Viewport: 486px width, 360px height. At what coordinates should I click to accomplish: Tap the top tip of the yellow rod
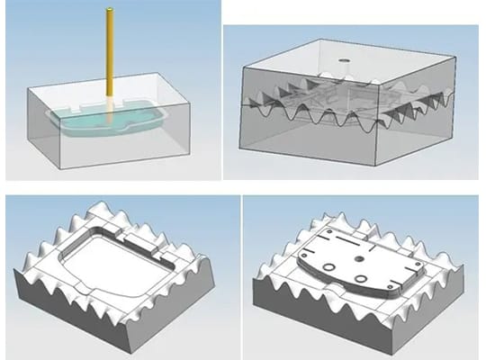(x=109, y=11)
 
